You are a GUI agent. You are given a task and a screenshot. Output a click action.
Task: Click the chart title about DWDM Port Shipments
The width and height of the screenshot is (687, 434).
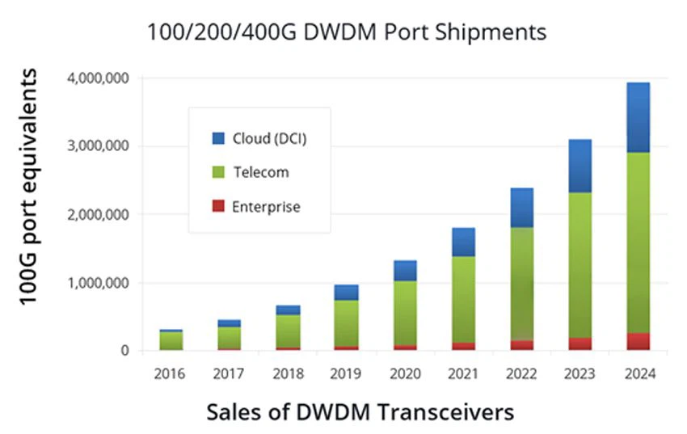347,32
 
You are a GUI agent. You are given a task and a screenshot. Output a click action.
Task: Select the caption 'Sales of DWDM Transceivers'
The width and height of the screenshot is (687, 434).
360,412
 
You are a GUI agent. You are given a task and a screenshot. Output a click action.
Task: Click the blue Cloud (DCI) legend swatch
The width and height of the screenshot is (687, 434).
218,138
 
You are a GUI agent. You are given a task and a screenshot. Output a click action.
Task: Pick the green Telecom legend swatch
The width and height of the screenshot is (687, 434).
218,172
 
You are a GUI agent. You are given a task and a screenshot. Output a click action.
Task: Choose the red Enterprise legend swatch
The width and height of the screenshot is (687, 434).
218,207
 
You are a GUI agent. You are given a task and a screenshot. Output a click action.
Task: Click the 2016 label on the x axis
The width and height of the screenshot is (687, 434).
170,374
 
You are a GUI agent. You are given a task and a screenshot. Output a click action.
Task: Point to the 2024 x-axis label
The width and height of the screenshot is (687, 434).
639,374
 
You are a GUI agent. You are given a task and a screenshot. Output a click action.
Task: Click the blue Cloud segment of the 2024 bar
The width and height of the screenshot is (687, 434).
638,117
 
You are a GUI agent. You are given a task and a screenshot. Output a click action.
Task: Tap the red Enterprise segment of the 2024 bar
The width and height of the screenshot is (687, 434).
638,342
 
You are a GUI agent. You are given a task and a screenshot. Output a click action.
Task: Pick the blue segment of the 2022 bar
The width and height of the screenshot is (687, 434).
521,208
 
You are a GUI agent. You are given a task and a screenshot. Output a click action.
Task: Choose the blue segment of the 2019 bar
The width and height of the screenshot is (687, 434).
347,293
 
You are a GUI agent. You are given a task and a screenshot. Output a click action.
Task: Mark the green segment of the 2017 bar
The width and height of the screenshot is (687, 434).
230,337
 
